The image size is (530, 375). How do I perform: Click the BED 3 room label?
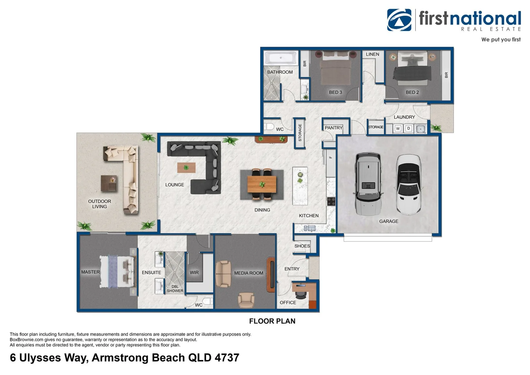coord(336,92)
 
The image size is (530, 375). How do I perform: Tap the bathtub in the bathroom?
coord(280,58)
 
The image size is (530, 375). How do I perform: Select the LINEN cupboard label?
coord(372,54)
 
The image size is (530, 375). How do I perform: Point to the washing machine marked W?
coord(398,128)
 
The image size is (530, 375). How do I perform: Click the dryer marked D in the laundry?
coord(409,128)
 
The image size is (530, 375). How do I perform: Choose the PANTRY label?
coord(334,128)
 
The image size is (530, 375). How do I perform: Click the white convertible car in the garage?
coord(409,185)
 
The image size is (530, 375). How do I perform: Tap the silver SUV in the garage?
coord(368,184)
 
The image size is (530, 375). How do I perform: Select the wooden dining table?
coord(262,184)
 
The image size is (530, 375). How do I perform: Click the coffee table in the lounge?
coord(186,168)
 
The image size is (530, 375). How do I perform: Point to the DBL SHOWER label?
coord(175,289)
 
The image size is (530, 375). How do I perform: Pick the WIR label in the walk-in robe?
coord(194,273)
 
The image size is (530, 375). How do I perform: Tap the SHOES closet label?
coord(302,246)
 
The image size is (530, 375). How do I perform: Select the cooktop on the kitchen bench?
coord(331,201)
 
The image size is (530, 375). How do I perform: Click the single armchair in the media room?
coord(246,300)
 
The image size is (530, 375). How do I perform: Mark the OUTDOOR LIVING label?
coord(99,204)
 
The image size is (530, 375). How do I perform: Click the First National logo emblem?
coord(399,20)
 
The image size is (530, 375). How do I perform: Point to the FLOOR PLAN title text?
coord(272,321)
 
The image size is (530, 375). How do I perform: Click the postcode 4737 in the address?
coord(227,358)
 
